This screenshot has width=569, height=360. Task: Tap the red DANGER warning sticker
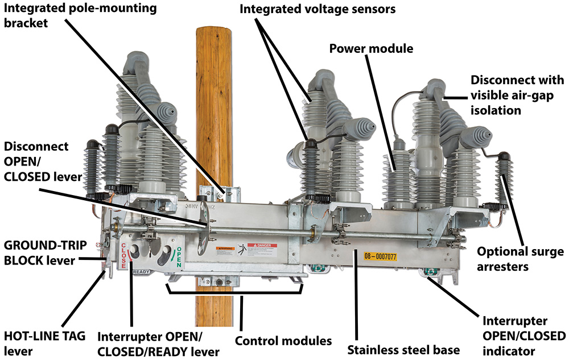tap(258, 249)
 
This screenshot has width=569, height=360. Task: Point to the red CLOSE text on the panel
tap(123, 255)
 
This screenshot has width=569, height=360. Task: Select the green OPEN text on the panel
tap(178, 255)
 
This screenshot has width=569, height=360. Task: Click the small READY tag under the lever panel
tap(142, 272)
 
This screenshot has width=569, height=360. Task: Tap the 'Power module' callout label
tap(371, 48)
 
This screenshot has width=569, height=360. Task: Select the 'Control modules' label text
tap(283, 341)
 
